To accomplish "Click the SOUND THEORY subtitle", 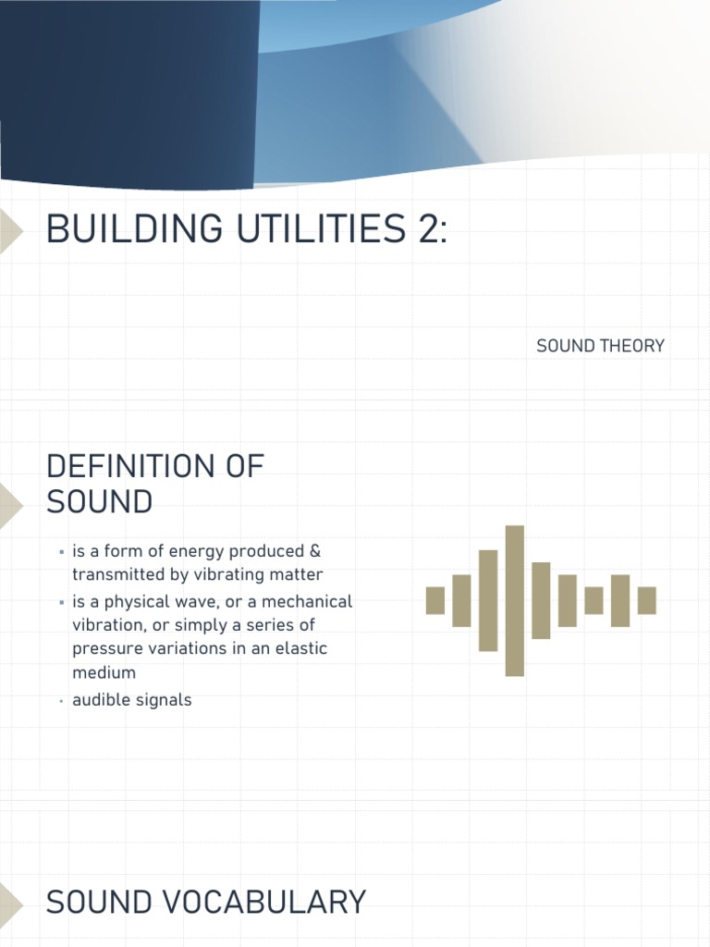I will click(x=600, y=346).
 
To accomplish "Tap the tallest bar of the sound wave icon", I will click(x=515, y=600).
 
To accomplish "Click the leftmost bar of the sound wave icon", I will click(x=435, y=600).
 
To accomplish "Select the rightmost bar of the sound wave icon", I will click(x=647, y=600).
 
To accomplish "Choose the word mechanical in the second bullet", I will click(x=305, y=601).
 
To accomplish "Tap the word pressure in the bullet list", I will click(x=102, y=648).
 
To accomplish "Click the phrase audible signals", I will click(x=131, y=700).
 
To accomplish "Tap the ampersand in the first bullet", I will click(x=315, y=551).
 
